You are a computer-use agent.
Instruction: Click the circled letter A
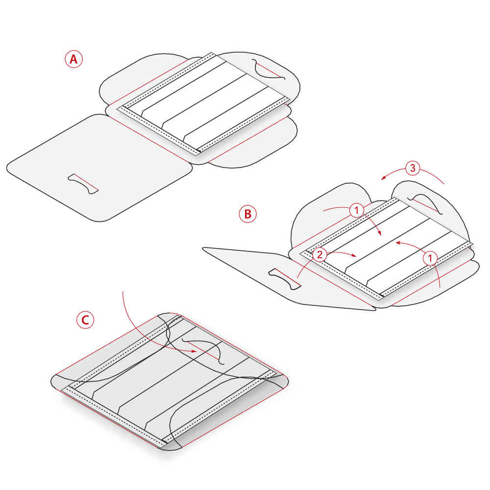click(74, 59)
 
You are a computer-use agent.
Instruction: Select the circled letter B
click(247, 214)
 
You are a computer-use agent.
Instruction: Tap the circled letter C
click(85, 319)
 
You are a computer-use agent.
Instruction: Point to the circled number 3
click(413, 168)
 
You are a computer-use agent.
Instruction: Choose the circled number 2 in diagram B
click(319, 255)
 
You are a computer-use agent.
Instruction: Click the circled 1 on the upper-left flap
click(357, 210)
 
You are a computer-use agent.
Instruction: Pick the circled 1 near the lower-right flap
click(430, 258)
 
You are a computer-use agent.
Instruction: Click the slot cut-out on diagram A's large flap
click(83, 184)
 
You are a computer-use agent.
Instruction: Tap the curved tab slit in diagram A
click(268, 70)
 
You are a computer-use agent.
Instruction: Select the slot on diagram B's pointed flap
click(284, 279)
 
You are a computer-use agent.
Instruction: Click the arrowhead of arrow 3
click(384, 178)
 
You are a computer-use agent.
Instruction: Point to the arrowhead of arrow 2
click(354, 256)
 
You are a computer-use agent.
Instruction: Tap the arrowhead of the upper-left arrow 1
click(380, 233)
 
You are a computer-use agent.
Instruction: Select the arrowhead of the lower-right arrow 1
click(398, 242)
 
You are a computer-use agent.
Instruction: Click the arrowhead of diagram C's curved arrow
click(195, 351)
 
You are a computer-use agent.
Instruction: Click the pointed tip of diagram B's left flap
click(204, 248)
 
